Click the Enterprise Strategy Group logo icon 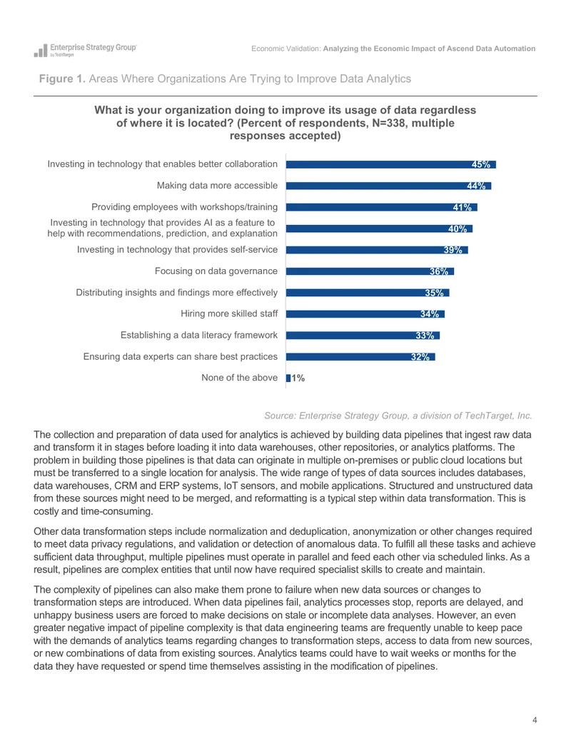(41, 51)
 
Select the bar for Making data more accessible (389, 186)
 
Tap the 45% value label (481, 164)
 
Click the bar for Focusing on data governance (370, 271)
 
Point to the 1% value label (298, 378)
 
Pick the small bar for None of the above (288, 378)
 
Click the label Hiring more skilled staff (229, 313)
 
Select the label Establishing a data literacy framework (199, 335)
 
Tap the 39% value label (453, 250)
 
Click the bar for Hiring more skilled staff (365, 314)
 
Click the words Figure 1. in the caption (62, 79)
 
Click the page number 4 (535, 720)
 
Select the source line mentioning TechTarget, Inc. (398, 416)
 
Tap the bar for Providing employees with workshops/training (382, 207)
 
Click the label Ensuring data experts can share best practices (181, 356)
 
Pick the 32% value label (420, 357)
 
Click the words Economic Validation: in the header (286, 49)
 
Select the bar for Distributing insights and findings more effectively (368, 293)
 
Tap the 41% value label (463, 207)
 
